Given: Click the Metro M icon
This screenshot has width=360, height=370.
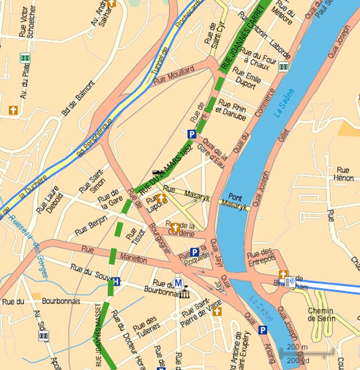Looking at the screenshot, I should point(178,282).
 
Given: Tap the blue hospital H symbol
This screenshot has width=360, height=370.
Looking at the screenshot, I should point(116,281).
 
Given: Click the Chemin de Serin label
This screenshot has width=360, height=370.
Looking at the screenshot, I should point(321,314).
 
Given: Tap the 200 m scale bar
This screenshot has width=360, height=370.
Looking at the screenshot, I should point(307,352).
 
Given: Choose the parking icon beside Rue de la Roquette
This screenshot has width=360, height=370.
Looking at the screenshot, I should point(194,252).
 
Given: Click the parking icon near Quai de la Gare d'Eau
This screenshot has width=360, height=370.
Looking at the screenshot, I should point(192,134).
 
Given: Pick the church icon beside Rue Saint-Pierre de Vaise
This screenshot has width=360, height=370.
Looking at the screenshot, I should point(217,311).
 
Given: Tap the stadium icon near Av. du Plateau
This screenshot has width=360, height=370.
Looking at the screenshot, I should point(25,58).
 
